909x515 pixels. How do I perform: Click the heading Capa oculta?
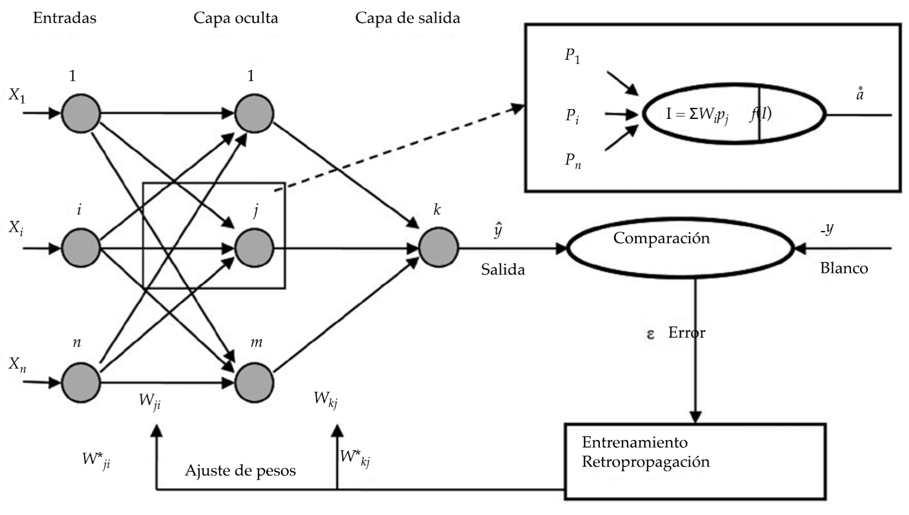pyautogui.click(x=235, y=18)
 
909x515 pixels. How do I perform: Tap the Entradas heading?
pyautogui.click(x=65, y=18)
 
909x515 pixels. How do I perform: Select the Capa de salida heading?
pyautogui.click(x=407, y=18)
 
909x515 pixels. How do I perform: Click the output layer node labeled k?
pyautogui.click(x=438, y=248)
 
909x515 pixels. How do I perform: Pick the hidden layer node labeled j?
pyautogui.click(x=254, y=248)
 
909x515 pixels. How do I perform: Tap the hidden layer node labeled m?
pyautogui.click(x=254, y=382)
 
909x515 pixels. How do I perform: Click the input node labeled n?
pyautogui.click(x=81, y=382)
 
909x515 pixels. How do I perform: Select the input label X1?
pyautogui.click(x=17, y=96)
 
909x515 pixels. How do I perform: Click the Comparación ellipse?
pyautogui.click(x=680, y=249)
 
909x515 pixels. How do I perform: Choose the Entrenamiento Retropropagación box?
pyautogui.click(x=695, y=461)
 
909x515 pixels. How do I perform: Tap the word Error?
pyautogui.click(x=687, y=332)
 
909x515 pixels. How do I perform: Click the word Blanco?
pyautogui.click(x=843, y=268)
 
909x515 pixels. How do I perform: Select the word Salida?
pyautogui.click(x=503, y=269)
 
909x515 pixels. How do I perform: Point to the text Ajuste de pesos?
pyautogui.click(x=240, y=470)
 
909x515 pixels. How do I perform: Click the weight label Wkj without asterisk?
pyautogui.click(x=325, y=399)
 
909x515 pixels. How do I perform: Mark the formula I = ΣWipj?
pyautogui.click(x=697, y=115)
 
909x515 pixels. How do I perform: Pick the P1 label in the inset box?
pyautogui.click(x=572, y=56)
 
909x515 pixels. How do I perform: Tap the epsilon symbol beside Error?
pyautogui.click(x=651, y=334)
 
